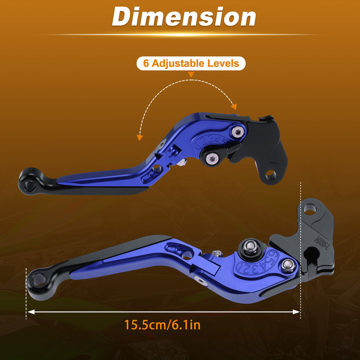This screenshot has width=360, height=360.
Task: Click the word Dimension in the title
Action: pos(184,17)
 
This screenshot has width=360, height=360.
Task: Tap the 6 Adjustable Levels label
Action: pos(191,63)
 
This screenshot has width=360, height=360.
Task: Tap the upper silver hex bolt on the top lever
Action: pos(237,132)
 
